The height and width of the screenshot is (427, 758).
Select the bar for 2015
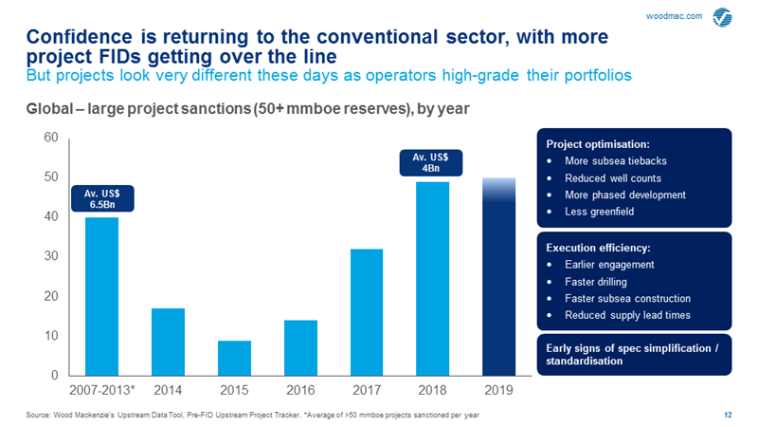pos(234,358)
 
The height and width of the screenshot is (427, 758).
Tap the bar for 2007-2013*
pos(102,296)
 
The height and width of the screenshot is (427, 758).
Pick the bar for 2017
pos(367,312)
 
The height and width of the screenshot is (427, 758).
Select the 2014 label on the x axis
pos(168,391)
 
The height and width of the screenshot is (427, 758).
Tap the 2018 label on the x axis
pos(432,391)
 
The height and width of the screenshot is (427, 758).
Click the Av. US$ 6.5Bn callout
pos(102,197)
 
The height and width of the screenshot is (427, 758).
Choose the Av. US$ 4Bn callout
pos(431,161)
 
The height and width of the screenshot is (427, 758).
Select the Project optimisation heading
pos(597,144)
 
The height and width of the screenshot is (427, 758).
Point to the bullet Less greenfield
pos(601,212)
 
